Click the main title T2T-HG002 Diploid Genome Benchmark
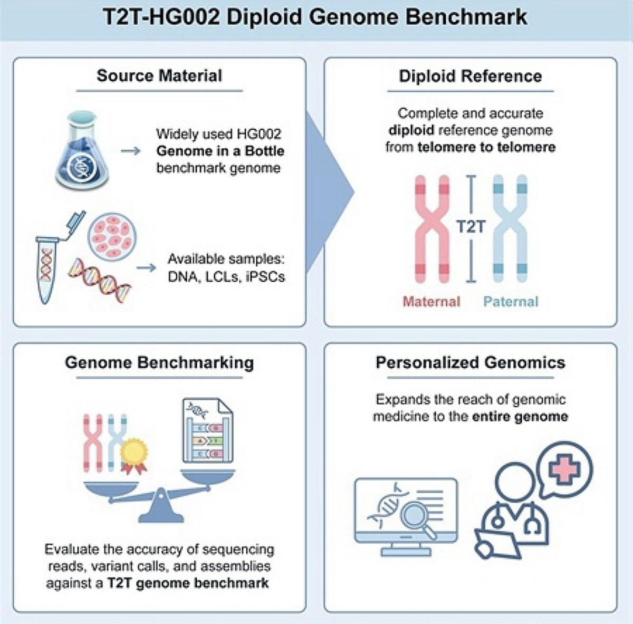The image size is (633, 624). pyautogui.click(x=315, y=17)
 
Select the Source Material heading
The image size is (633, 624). pyautogui.click(x=159, y=75)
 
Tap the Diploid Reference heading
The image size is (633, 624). pyautogui.click(x=471, y=76)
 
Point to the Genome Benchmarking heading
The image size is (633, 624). pyautogui.click(x=159, y=363)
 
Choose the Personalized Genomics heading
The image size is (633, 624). pyautogui.click(x=471, y=363)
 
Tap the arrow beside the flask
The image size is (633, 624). pyautogui.click(x=130, y=151)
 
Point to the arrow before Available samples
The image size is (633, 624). pyautogui.click(x=146, y=268)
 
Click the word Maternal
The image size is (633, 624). pyautogui.click(x=431, y=302)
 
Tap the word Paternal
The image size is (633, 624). pyautogui.click(x=511, y=302)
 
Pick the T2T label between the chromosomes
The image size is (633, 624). pyautogui.click(x=471, y=226)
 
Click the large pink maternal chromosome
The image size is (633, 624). pyautogui.click(x=432, y=229)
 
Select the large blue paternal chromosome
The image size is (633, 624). pyautogui.click(x=510, y=229)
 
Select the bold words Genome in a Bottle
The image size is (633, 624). pyautogui.click(x=220, y=151)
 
